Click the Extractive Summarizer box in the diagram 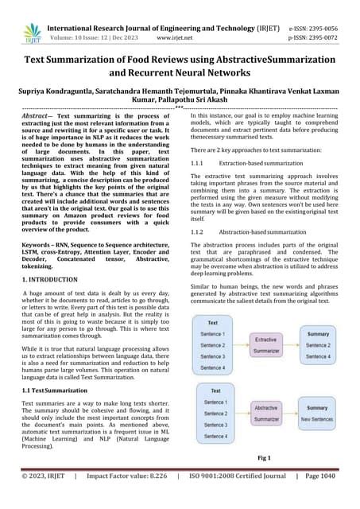(265, 344)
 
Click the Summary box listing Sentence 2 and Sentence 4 (318, 345)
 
